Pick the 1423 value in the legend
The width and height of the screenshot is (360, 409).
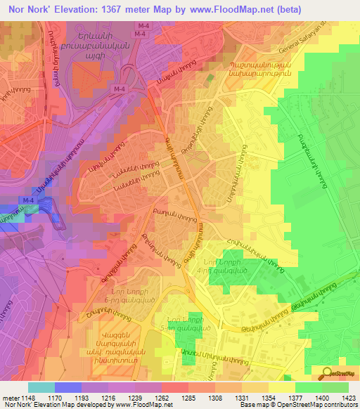click(x=347, y=398)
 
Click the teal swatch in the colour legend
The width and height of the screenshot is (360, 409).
click(x=41, y=387)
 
